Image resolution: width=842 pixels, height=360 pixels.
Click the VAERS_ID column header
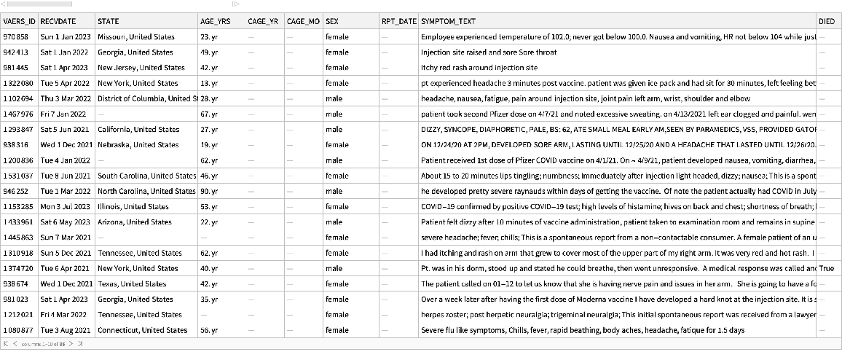tap(19, 21)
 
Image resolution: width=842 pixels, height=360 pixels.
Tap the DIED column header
tap(827, 21)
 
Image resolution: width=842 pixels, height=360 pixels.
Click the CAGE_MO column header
tap(304, 21)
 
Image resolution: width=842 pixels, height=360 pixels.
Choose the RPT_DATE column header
tap(398, 21)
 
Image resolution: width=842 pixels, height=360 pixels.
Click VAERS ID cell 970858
tap(15, 36)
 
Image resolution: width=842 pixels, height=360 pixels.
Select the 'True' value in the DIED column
tap(827, 268)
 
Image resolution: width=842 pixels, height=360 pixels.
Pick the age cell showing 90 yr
tap(209, 191)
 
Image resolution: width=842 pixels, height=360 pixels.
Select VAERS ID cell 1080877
tap(17, 330)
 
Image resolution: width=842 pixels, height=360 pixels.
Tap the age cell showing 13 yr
tap(209, 83)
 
